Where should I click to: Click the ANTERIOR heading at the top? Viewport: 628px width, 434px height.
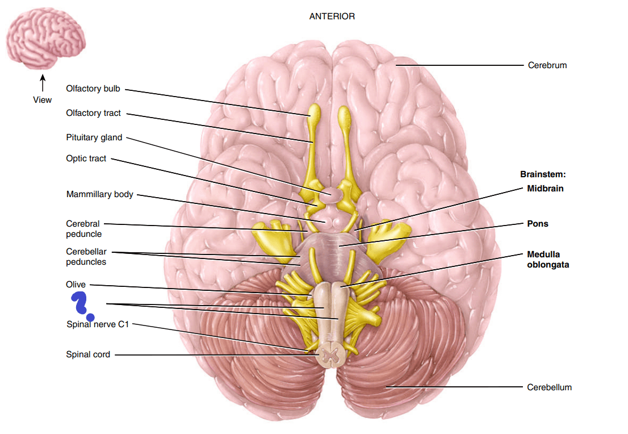(332, 16)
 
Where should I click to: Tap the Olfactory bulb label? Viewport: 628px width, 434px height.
(93, 89)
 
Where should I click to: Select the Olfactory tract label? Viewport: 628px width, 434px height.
(93, 113)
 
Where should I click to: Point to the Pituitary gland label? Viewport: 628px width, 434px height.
(94, 137)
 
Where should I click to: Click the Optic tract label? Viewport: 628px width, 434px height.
(86, 158)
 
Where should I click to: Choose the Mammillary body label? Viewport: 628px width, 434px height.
(100, 194)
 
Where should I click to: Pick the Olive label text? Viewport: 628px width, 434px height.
(76, 285)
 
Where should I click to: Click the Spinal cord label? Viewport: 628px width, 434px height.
(88, 354)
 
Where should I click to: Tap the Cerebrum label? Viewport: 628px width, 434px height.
(547, 65)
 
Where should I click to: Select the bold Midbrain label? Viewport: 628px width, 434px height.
(545, 189)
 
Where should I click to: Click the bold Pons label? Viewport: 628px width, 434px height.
(538, 224)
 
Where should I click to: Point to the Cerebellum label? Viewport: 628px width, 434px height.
(549, 387)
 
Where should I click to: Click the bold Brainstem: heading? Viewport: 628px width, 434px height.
(543, 174)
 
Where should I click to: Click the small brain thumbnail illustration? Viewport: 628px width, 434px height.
(45, 39)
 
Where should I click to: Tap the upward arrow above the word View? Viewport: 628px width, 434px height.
(43, 83)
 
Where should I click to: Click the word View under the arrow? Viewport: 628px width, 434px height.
(43, 100)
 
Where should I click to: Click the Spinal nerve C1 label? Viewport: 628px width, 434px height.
(98, 324)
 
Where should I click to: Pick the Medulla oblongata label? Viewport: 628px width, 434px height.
(548, 259)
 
